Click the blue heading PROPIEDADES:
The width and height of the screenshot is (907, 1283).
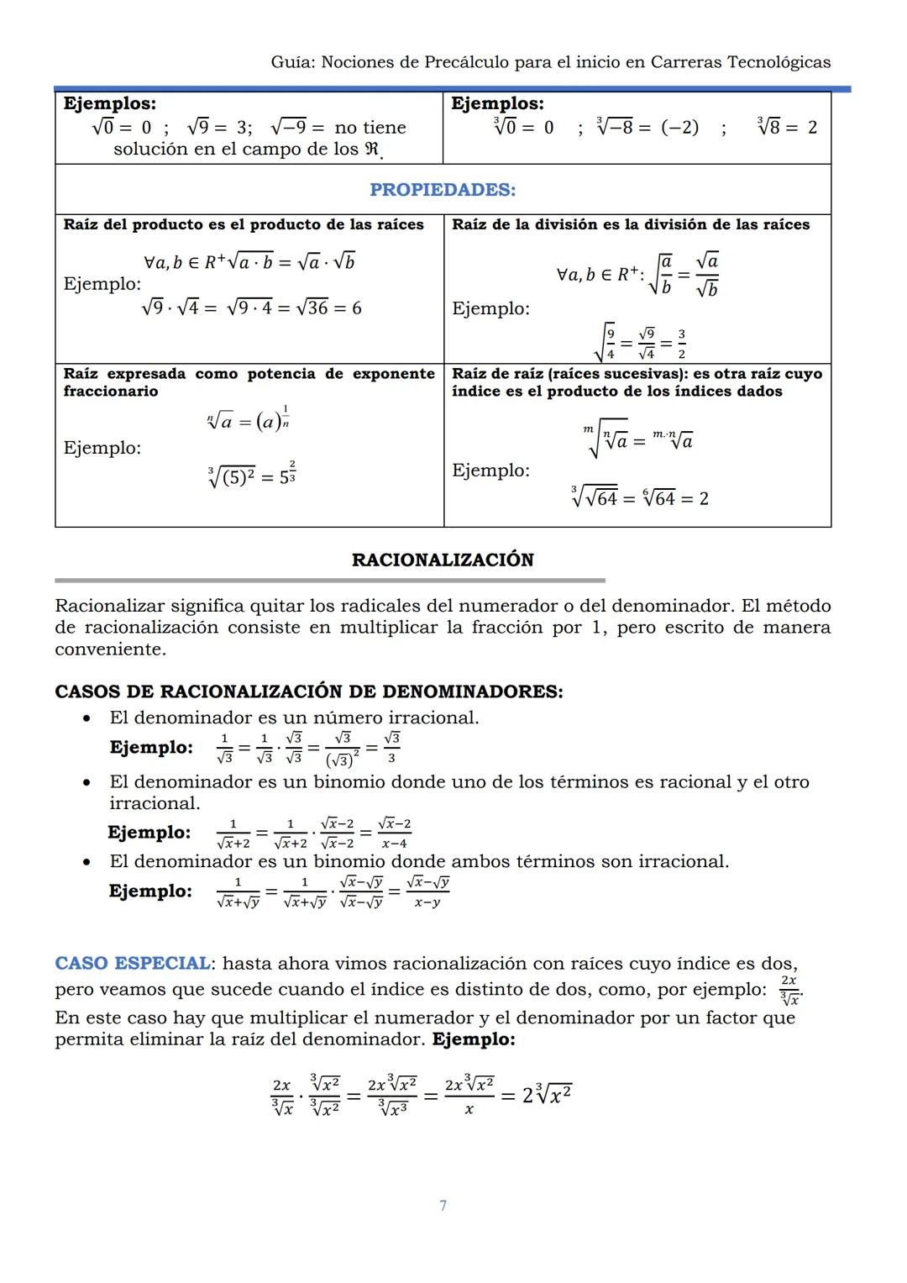(x=443, y=190)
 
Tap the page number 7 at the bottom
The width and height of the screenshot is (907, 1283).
(x=443, y=1206)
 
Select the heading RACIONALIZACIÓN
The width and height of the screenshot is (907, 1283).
(x=443, y=560)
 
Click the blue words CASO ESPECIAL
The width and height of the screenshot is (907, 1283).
(x=133, y=963)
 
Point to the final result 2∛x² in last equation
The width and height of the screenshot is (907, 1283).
(x=547, y=1095)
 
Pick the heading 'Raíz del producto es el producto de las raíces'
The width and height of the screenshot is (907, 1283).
(x=244, y=224)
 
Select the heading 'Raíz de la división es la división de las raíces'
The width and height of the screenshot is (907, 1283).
(x=631, y=224)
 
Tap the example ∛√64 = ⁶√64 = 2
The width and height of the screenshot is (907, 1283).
(x=640, y=498)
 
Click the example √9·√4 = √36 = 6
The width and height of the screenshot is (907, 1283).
(x=251, y=308)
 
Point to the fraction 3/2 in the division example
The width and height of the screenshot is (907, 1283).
(x=681, y=344)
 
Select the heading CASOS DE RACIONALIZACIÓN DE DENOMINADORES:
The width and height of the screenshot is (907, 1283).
(x=308, y=691)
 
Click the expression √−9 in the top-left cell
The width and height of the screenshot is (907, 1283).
(x=288, y=128)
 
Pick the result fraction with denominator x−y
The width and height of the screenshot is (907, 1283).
(x=427, y=892)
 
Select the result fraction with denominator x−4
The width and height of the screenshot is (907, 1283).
(x=394, y=833)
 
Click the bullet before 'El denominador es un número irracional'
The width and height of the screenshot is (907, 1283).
(x=87, y=718)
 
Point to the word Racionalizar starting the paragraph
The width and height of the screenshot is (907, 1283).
(x=109, y=606)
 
